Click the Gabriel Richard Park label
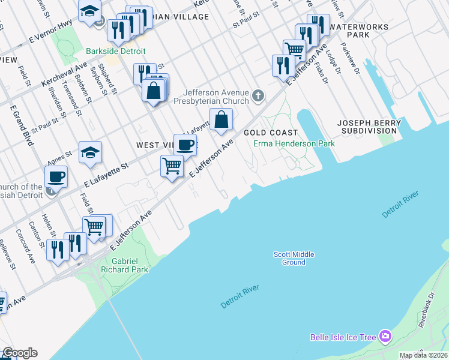[x=130, y=265]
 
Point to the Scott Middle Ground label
[x=294, y=259]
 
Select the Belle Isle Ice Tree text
[x=343, y=337]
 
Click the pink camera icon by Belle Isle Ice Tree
[x=385, y=337]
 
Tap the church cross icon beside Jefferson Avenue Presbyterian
[x=258, y=95]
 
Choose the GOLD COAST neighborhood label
[x=270, y=133]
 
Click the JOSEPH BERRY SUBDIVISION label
[x=369, y=127]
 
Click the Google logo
[x=19, y=353]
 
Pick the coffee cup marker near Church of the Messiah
[x=56, y=176]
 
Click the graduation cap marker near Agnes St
[x=90, y=152]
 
